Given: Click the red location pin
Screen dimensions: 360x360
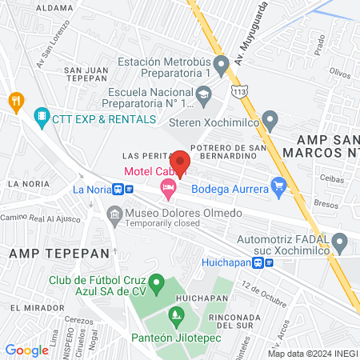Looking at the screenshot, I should click(x=180, y=162).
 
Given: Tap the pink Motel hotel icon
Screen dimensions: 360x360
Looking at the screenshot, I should click(x=167, y=190).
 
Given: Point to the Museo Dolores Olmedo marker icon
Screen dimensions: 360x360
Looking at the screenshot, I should click(x=115, y=214).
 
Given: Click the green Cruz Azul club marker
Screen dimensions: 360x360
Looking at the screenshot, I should click(x=158, y=282).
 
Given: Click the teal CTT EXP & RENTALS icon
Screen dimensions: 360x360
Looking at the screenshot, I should click(x=42, y=118).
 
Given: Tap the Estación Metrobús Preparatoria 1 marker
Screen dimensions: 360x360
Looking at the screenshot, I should click(x=222, y=62).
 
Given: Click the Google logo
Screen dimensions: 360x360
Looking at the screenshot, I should click(x=26, y=350).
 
